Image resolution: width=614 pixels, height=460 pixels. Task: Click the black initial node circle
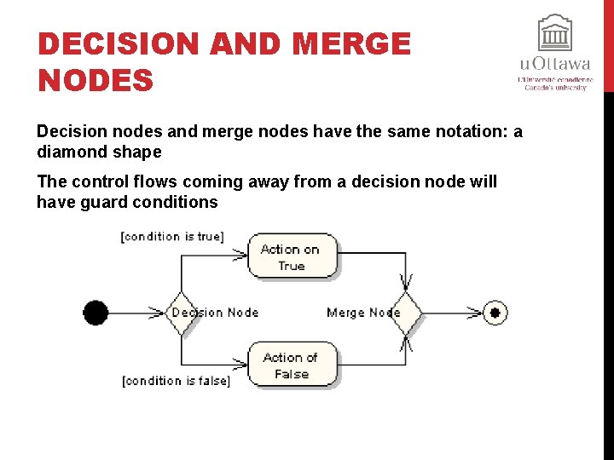coord(96,313)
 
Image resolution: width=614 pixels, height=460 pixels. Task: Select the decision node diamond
coord(181,313)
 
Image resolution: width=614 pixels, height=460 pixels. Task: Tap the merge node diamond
coord(407,313)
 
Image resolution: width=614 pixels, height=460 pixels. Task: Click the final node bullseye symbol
coord(495,313)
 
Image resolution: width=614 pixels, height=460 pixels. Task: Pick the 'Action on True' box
coord(292,256)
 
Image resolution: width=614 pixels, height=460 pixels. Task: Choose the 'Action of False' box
coord(292,365)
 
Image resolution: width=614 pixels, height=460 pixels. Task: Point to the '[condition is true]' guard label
coord(172,236)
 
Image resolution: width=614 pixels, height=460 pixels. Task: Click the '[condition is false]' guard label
coord(176,381)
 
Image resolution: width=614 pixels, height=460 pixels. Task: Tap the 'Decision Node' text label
coord(215,313)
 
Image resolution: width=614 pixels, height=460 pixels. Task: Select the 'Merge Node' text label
coord(362,313)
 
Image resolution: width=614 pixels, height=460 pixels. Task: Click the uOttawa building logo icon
coord(554,33)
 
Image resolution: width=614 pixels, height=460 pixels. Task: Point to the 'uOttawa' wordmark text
coord(554,64)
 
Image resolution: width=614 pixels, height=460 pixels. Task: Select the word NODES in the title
coord(96,81)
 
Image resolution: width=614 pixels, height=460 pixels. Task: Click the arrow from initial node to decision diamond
coord(136,313)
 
